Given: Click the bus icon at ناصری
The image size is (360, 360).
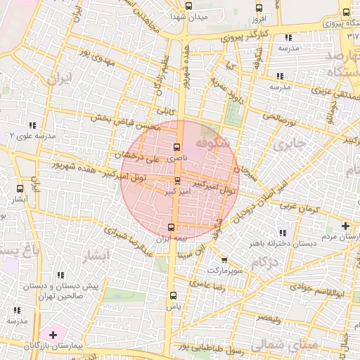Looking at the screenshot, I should click(176, 148).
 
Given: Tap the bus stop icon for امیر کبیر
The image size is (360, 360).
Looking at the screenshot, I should click(176, 180).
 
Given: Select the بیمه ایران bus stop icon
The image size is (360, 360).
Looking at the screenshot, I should click(171, 226).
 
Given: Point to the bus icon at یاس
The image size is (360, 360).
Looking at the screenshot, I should click(173, 296).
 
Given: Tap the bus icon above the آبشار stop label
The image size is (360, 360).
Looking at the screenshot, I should click(19, 188).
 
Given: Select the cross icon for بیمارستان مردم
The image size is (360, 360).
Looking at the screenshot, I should click(345, 226).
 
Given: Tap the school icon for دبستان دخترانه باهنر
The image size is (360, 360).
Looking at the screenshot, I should click(283, 233).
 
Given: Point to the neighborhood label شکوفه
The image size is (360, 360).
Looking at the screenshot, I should click(213, 143).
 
